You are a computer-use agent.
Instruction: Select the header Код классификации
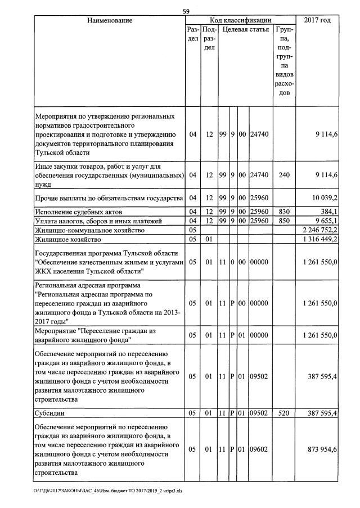click(x=240, y=20)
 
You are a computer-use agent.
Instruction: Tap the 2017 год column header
click(x=317, y=20)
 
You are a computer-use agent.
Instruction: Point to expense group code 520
click(x=284, y=413)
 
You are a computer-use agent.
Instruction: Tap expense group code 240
click(x=284, y=176)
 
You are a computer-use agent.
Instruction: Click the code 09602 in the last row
click(x=260, y=449)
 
